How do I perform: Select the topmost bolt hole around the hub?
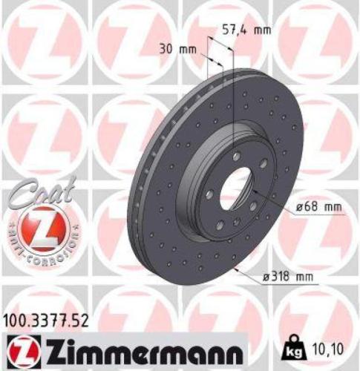click(235, 157)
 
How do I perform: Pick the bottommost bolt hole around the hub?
click(235, 220)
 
